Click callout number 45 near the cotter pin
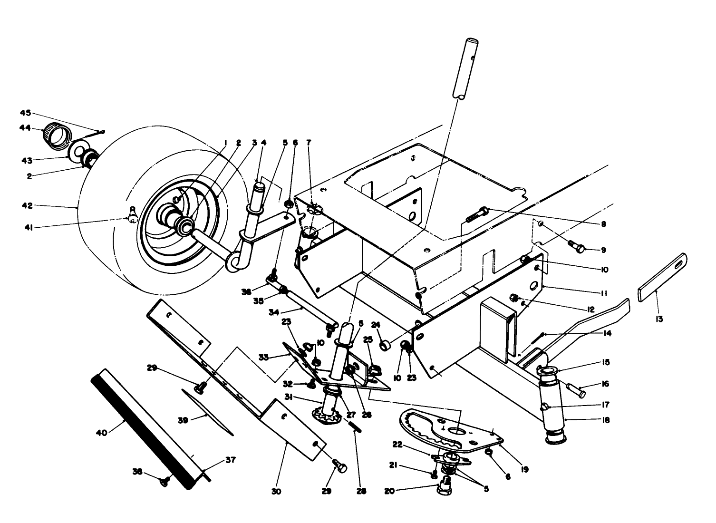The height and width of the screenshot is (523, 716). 25,113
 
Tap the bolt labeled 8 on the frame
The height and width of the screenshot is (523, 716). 477,215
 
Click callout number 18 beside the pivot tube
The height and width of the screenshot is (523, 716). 601,420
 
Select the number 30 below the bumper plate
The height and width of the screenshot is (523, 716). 276,491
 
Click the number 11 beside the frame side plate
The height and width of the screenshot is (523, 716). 603,293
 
